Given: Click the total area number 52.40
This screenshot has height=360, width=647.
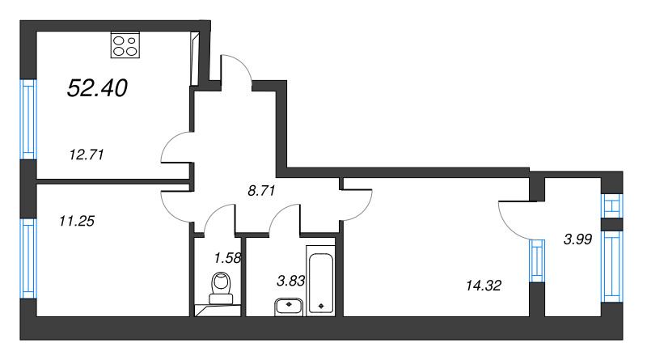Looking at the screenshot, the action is (97, 88).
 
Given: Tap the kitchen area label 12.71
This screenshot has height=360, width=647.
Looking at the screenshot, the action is (87, 155).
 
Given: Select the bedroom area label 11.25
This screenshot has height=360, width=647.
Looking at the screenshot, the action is (77, 222).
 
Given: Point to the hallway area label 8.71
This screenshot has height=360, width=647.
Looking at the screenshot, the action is (261, 191).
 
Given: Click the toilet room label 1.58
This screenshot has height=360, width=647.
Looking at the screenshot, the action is (227, 258).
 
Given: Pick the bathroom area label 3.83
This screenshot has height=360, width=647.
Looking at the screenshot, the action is (290, 282).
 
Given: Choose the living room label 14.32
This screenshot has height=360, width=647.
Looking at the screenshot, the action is (483, 286).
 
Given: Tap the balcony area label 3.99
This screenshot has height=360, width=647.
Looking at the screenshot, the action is (577, 239).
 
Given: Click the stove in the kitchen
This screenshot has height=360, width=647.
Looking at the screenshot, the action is (125, 44).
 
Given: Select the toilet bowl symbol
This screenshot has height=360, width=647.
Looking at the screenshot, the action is (221, 288).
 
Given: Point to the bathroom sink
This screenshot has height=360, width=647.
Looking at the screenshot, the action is (289, 307).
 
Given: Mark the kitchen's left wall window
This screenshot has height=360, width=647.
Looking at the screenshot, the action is (28, 119).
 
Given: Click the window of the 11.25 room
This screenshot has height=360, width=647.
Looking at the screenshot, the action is (28, 258).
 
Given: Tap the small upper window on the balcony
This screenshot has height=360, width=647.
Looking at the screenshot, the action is (612, 205).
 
